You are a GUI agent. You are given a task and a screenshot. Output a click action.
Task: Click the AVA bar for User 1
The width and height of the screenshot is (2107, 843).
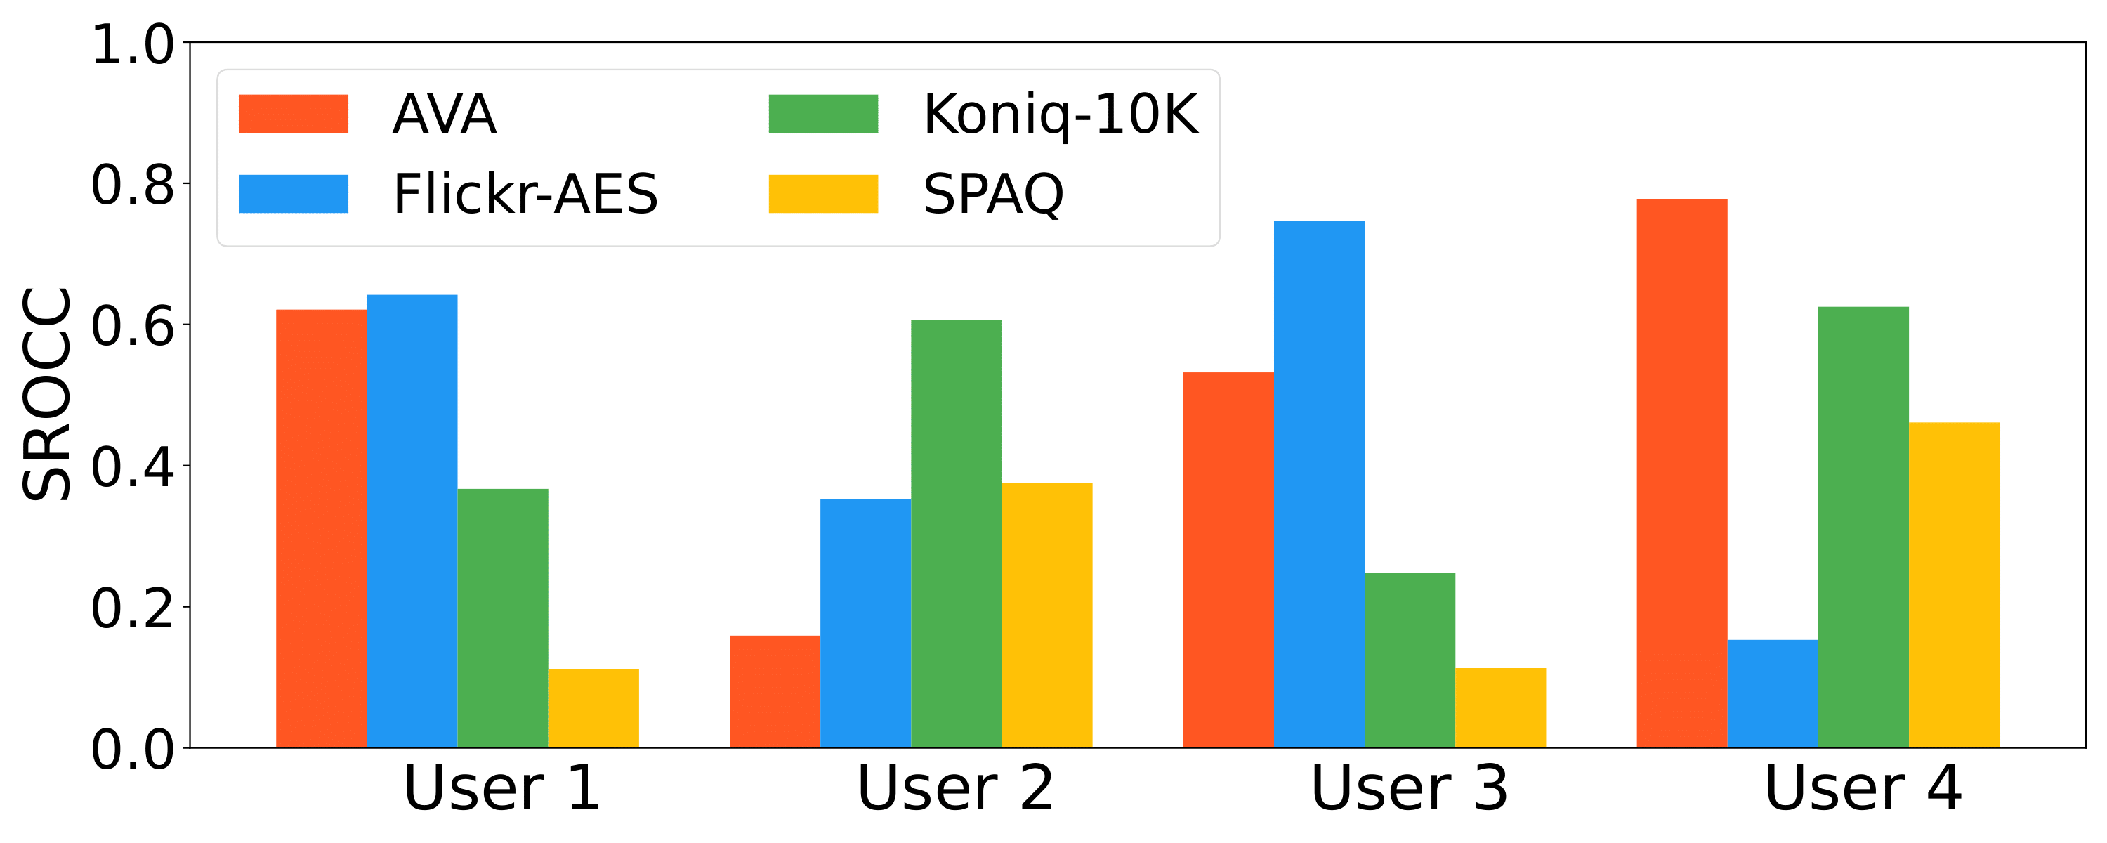(321, 528)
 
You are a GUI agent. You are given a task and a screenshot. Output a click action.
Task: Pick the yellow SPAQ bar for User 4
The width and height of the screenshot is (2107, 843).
(1954, 584)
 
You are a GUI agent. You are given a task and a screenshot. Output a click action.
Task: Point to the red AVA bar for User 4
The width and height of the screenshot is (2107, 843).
(1681, 473)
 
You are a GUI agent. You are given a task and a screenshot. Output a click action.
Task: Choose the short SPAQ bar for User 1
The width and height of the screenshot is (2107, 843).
(593, 708)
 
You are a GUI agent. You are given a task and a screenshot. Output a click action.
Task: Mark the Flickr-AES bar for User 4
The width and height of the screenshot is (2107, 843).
(1773, 693)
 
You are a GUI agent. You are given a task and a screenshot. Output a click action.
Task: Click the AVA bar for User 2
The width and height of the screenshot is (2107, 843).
(775, 691)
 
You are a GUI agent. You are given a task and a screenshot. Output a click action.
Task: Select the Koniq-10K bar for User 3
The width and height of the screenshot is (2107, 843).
(1410, 660)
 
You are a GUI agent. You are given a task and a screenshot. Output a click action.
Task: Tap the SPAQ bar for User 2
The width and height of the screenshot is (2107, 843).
(1047, 615)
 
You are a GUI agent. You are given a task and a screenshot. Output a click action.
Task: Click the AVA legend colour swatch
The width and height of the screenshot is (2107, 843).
(293, 114)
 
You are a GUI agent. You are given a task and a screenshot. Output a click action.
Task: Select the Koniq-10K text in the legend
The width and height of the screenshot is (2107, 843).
(1060, 114)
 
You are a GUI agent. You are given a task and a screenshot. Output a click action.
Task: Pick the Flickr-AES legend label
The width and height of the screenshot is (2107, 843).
(525, 194)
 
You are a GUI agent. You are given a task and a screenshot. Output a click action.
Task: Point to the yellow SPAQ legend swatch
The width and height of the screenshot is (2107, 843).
(823, 194)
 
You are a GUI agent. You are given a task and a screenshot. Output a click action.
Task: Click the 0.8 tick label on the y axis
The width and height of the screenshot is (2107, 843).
(133, 185)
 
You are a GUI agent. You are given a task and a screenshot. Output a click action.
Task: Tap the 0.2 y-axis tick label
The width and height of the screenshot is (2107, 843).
(133, 608)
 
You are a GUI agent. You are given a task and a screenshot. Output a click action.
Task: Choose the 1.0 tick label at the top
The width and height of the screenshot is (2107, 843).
(133, 44)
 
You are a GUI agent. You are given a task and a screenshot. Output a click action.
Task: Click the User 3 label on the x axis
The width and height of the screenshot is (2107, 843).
(1408, 788)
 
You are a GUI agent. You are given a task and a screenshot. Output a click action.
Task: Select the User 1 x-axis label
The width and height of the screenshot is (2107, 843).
(501, 788)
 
